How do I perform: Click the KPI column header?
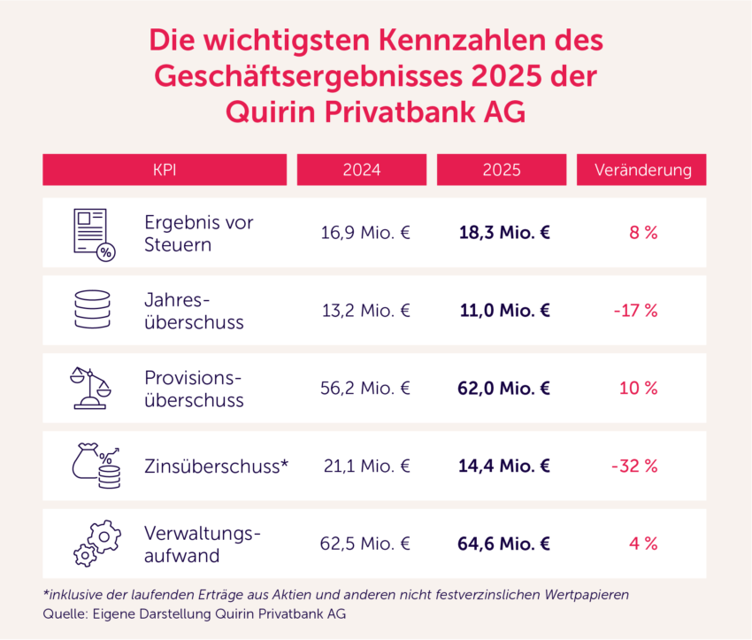pyautogui.click(x=165, y=170)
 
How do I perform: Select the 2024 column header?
pyautogui.click(x=362, y=170)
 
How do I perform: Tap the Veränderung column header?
pyautogui.click(x=641, y=170)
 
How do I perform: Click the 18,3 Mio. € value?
pyautogui.click(x=504, y=233)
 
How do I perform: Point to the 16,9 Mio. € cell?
pyautogui.click(x=365, y=233)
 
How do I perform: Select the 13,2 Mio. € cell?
pyautogui.click(x=365, y=311)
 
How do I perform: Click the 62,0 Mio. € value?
pyautogui.click(x=504, y=388)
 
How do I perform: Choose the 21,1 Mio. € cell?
pyautogui.click(x=365, y=466)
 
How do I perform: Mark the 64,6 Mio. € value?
pyautogui.click(x=504, y=544)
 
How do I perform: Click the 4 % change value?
pyautogui.click(x=643, y=544)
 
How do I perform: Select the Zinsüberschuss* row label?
pyautogui.click(x=217, y=466)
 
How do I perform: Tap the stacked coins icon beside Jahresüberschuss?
pyautogui.click(x=92, y=311)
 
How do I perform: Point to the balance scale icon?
pyautogui.click(x=91, y=388)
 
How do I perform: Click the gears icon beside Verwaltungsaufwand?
pyautogui.click(x=96, y=544)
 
